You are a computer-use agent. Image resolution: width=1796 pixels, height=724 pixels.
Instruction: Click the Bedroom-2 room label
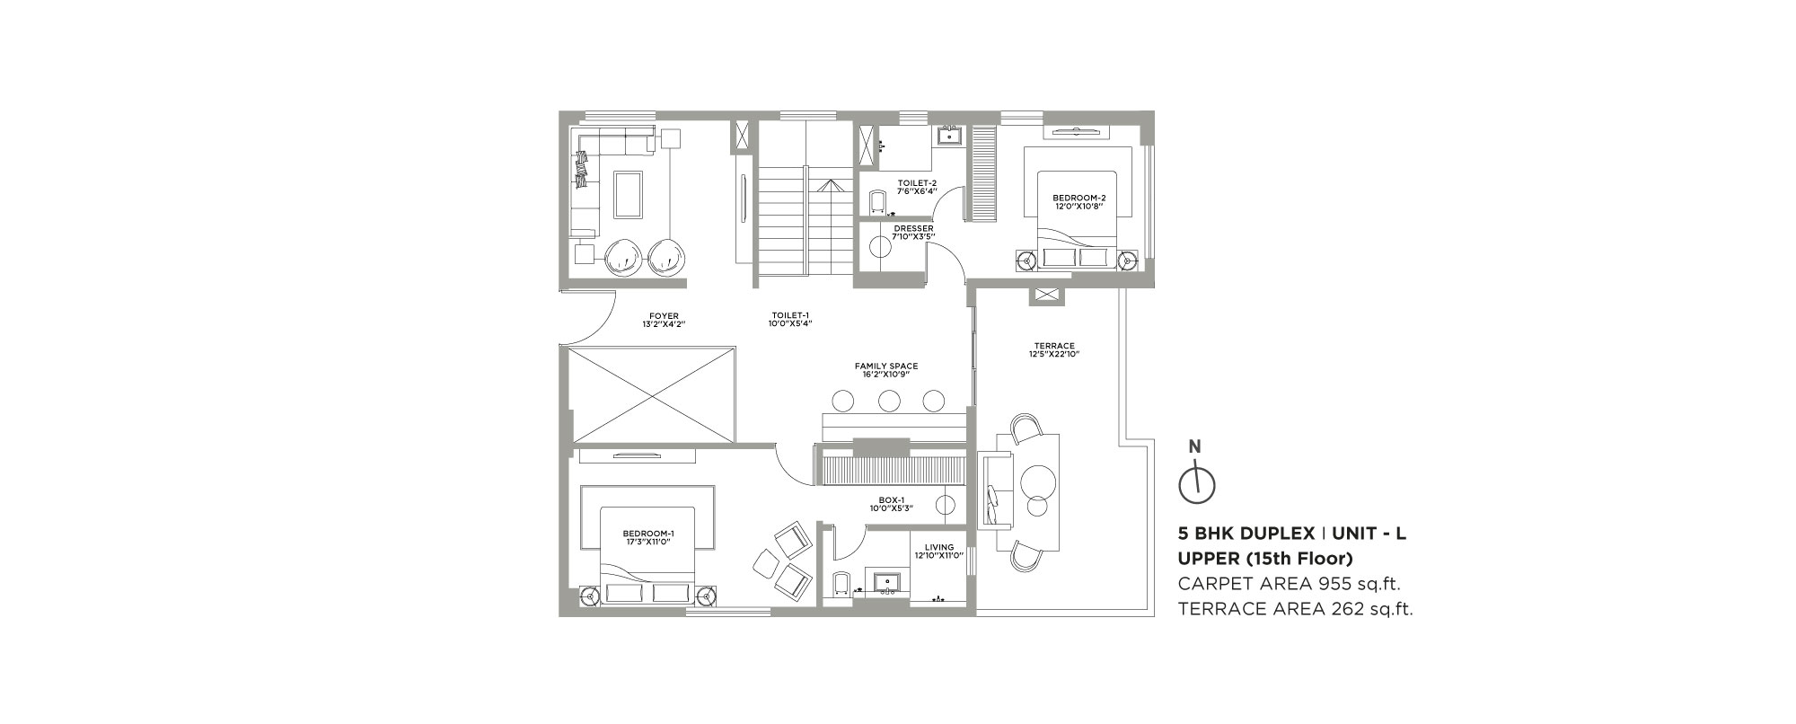coord(1079,201)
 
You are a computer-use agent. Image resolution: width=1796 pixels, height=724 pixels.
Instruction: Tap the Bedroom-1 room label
coord(648,537)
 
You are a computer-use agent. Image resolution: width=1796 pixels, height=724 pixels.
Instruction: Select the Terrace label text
coord(1053,349)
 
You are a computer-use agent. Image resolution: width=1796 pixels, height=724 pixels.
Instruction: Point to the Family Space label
coord(885,370)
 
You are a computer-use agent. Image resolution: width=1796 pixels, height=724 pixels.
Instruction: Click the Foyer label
coord(665,319)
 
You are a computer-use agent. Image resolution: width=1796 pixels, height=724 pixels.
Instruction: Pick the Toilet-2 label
coord(917,186)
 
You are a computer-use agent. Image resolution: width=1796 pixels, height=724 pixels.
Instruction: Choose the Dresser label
coord(913,232)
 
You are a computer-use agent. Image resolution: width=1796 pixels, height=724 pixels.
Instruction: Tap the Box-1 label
coord(891,504)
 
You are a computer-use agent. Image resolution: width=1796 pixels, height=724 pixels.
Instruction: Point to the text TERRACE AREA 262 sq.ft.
coord(1295,610)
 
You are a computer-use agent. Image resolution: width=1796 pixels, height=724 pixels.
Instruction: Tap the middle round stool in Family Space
coord(890,400)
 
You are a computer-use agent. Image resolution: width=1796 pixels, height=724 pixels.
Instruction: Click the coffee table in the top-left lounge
coord(628,193)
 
